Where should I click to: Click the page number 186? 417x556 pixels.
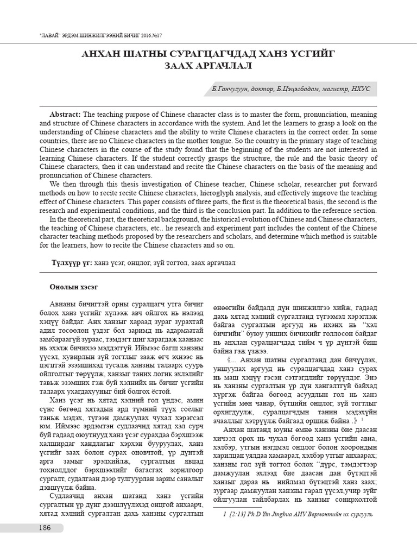tap(45, 528)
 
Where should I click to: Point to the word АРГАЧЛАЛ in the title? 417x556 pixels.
tap(224, 66)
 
